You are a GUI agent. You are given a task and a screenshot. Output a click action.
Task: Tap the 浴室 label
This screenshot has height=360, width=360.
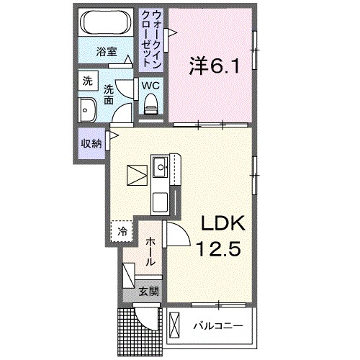point(107,52)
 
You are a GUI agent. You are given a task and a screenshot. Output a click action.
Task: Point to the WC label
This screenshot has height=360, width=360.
point(150,85)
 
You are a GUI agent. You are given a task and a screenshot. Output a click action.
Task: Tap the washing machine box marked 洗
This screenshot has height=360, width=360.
point(87,81)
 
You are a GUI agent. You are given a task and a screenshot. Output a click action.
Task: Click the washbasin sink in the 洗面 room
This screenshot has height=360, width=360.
point(89,112)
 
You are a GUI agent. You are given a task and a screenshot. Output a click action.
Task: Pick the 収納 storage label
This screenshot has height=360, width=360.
point(91,143)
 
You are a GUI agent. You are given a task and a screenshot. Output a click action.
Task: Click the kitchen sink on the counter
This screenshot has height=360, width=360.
point(160,171)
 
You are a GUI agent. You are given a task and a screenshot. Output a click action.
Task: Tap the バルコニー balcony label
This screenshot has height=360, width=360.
point(217,326)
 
